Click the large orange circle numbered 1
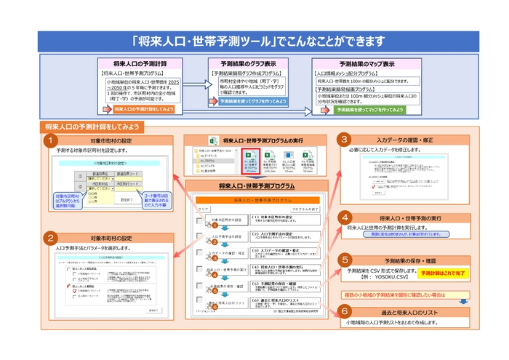pos(50,139)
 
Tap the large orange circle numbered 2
pos(50,238)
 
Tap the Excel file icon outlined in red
pos(249,159)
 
